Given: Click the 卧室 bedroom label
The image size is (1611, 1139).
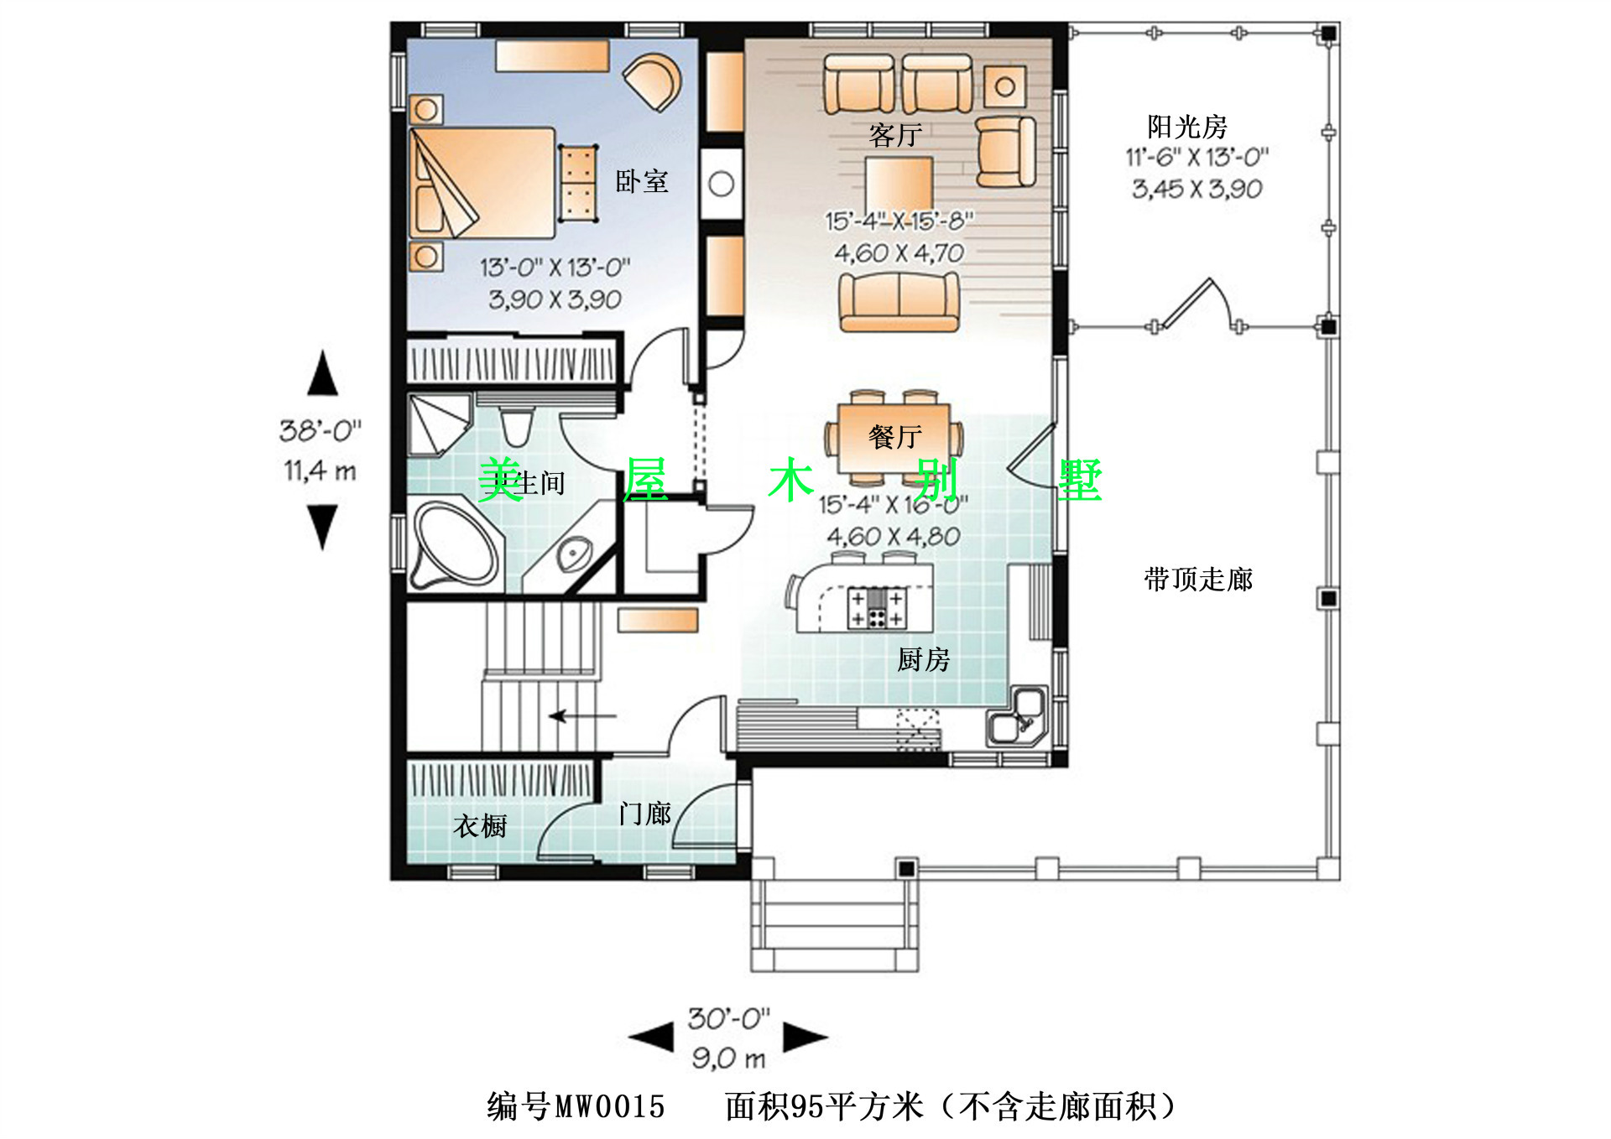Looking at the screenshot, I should pos(642,181).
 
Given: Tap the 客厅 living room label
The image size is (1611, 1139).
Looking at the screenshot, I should pos(895,135).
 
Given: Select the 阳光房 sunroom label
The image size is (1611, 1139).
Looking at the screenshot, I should pos(1187,127).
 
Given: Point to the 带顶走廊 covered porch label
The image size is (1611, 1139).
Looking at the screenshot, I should pos(1198,580).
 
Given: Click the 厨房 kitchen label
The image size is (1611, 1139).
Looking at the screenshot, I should pos(923,660).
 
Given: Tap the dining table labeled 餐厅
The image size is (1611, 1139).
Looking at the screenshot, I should pos(894,439).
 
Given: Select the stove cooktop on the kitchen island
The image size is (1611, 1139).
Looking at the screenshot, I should pos(877,608).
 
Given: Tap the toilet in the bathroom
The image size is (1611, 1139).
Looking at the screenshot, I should pos(516,426).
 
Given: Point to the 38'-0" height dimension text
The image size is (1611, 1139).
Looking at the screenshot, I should pos(321,431).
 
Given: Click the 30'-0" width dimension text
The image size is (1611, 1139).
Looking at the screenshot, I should pos(728,1019).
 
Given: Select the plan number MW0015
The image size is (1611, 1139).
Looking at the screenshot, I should pos(610,1107).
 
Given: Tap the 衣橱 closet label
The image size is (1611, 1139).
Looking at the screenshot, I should pos(480,826).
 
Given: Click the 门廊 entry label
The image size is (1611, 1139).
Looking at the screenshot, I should pos(644,814).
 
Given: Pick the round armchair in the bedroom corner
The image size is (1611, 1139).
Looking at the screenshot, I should pos(654,81).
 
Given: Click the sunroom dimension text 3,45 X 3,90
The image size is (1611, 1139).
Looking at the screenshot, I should pos(1197,189).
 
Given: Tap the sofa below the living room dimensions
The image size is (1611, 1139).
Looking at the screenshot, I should pos(899,303).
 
